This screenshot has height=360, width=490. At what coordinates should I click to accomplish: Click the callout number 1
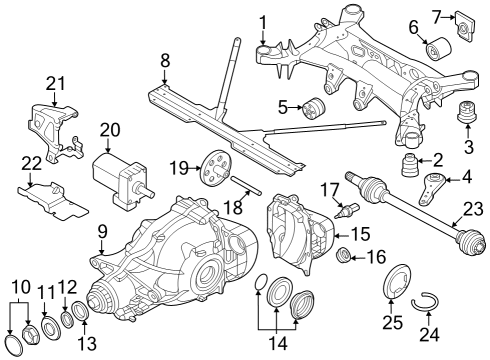coord(263,21)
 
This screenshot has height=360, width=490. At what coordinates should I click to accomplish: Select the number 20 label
coord(110,129)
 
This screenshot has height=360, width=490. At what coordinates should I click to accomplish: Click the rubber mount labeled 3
coord(463,113)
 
